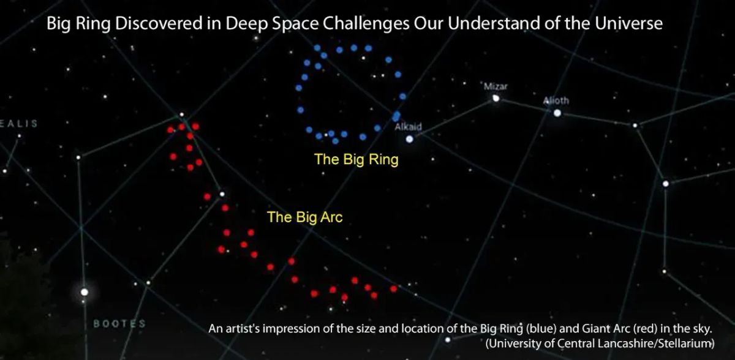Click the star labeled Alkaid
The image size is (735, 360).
click(409, 139)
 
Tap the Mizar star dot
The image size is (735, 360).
click(496, 98)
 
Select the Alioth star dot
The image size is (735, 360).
click(557, 113)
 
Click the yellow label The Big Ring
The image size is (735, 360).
click(356, 160)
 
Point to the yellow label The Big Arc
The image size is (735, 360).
click(304, 217)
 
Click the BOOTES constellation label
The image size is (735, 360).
click(119, 323)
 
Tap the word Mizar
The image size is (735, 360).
click(496, 86)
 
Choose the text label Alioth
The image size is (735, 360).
click(556, 101)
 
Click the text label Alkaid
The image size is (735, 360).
click(408, 127)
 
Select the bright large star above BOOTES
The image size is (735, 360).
click(85, 291)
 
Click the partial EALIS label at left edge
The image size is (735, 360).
click(19, 123)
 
